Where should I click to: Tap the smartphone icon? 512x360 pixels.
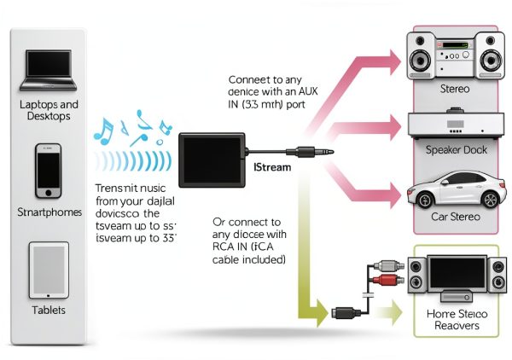click(47, 170)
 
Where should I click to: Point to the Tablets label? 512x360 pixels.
click(47, 310)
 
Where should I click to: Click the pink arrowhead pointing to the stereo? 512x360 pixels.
click(391, 58)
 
